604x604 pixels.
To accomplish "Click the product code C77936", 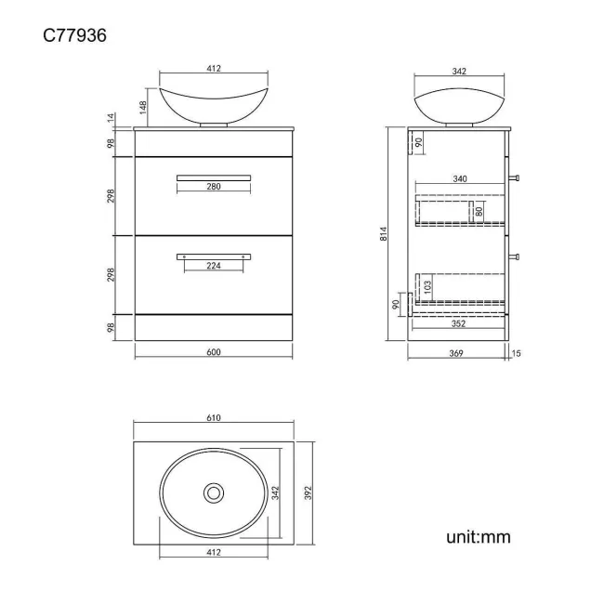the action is tap(74, 35).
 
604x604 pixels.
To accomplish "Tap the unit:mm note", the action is tap(478, 537).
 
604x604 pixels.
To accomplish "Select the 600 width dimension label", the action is tap(214, 352).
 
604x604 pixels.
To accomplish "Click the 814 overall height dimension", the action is tap(383, 234).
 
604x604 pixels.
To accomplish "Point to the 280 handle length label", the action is tap(214, 187).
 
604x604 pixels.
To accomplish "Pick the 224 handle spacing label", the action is tap(214, 266).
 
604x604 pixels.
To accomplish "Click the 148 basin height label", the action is tap(143, 108).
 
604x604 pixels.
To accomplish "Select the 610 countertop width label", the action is tap(214, 418).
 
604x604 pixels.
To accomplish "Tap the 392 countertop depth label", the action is tap(308, 493).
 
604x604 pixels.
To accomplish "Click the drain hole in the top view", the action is tap(214, 492).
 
